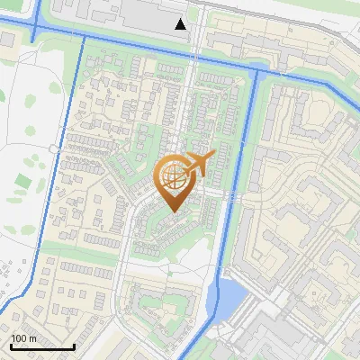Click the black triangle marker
click(x=181, y=24)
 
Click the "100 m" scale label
click(x=24, y=338)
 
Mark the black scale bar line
click(x=42, y=347)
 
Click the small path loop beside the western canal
click(x=56, y=147)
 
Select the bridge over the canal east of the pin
click(x=232, y=193)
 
